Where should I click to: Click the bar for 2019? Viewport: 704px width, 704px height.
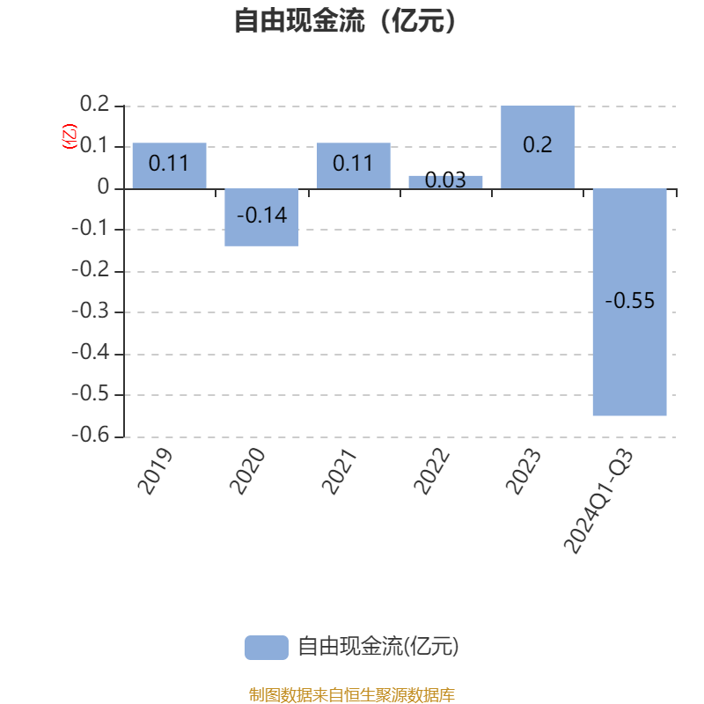(169, 165)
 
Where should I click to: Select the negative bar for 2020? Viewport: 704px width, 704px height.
(261, 217)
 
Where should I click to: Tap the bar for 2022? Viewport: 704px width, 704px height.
(445, 182)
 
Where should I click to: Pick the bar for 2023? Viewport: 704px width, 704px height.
(538, 147)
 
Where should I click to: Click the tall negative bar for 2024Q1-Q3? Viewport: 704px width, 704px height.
(629, 302)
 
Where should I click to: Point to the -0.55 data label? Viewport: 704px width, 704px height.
(629, 300)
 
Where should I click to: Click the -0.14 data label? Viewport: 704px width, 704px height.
(261, 215)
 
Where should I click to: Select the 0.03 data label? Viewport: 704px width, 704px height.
(445, 180)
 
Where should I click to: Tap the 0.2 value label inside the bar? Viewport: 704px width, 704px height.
(538, 144)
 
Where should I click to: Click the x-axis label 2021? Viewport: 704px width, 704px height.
(340, 472)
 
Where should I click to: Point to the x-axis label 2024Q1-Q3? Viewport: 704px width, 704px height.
(598, 501)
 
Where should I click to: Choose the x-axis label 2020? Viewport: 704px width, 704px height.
(247, 472)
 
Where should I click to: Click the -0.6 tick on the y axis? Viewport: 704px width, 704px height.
(91, 435)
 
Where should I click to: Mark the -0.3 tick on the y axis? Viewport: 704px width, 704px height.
(91, 311)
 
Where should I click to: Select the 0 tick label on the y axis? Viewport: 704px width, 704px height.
(103, 187)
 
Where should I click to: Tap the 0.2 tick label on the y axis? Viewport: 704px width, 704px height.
(95, 104)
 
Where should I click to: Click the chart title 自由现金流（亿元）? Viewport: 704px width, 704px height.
(345, 20)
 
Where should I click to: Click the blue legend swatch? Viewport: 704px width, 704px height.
(267, 648)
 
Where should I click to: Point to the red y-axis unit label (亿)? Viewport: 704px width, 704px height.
(70, 136)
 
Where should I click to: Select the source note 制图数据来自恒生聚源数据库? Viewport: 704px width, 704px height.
(351, 694)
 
